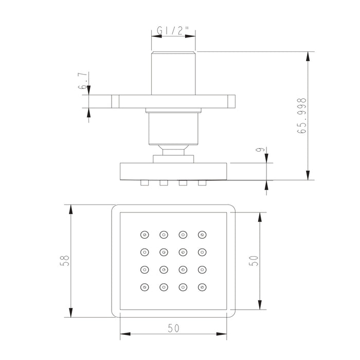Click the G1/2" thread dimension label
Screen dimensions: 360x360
[173, 30]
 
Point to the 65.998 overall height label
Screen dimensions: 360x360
[302, 116]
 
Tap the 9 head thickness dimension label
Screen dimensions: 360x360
[260, 150]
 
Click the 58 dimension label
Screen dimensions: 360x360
[64, 261]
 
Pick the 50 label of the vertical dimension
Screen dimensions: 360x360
[254, 261]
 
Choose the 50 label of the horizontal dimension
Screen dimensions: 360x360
[173, 328]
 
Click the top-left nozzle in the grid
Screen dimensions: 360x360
[145, 235]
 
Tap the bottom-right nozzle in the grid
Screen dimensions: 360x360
[202, 287]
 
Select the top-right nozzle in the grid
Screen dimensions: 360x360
[202, 235]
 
